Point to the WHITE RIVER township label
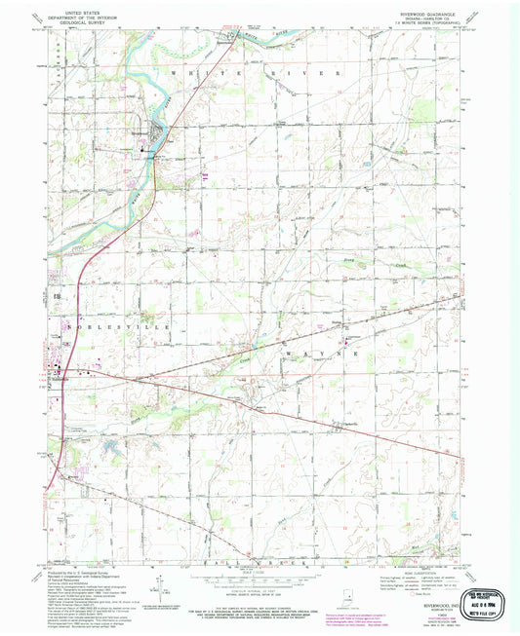[x=259, y=73]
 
